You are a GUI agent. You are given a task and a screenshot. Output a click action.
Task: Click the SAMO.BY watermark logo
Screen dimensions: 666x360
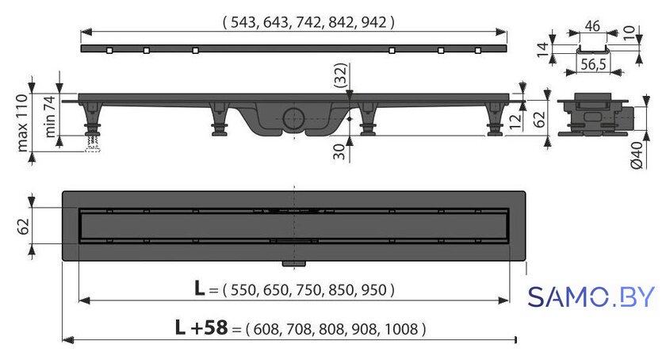click(591, 297)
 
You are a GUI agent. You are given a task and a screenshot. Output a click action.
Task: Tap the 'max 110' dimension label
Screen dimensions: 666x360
click(22, 123)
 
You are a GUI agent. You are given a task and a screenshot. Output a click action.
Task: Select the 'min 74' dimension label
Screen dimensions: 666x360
click(50, 116)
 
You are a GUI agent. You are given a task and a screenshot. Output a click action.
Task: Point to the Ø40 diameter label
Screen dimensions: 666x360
click(637, 155)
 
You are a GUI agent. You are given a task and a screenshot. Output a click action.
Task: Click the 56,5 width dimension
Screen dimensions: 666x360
click(593, 64)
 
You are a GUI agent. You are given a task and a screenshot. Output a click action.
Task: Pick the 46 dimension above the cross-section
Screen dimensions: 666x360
click(592, 26)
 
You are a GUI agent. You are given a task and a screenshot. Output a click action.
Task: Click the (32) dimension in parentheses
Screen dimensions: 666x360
click(341, 75)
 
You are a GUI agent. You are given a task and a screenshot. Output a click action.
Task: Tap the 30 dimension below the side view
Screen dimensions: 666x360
click(339, 151)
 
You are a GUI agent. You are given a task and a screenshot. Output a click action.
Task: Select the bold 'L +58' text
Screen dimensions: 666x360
click(201, 327)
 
